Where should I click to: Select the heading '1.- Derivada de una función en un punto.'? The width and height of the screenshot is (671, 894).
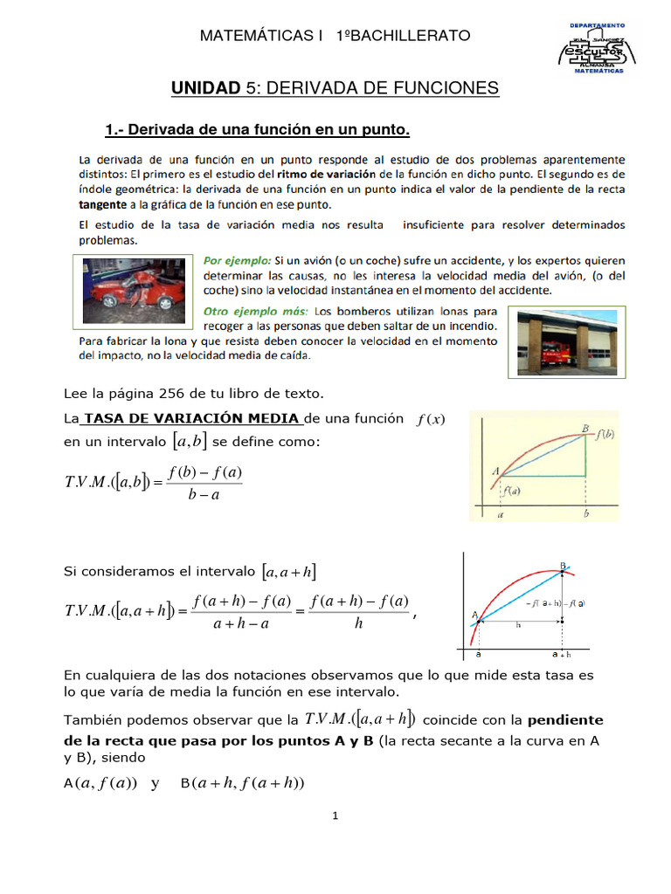pyautogui.click(x=257, y=131)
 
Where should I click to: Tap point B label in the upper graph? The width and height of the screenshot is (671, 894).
pyautogui.click(x=585, y=428)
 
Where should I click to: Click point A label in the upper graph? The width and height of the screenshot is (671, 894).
pyautogui.click(x=495, y=472)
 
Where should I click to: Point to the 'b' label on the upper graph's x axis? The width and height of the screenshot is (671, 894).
pyautogui.click(x=585, y=516)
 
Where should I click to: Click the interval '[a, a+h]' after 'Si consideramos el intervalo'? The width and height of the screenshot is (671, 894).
pyautogui.click(x=289, y=572)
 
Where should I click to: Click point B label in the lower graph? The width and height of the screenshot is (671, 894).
pyautogui.click(x=563, y=565)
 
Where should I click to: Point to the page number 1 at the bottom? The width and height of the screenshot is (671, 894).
pyautogui.click(x=335, y=816)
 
